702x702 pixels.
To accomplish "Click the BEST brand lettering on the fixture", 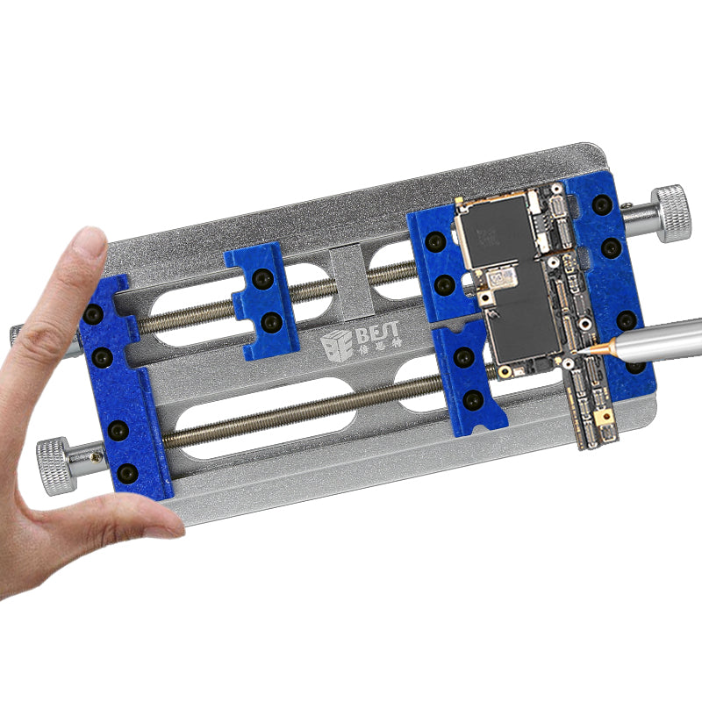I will (379, 332).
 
